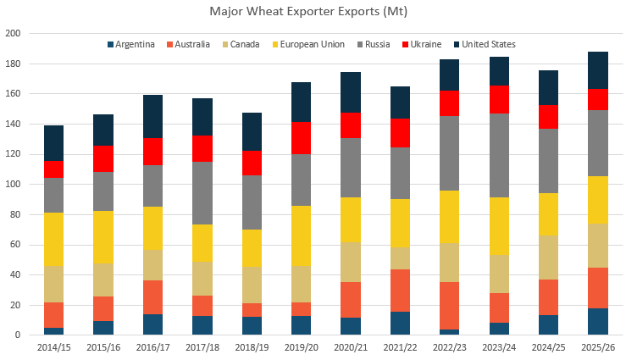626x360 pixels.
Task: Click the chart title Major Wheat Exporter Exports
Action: click(x=313, y=13)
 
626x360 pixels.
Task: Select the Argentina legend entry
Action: click(x=136, y=44)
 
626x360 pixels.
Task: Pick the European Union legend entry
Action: click(x=307, y=44)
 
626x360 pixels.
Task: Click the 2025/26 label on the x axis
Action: click(x=597, y=347)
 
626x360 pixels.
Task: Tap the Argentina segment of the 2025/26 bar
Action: click(x=597, y=321)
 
